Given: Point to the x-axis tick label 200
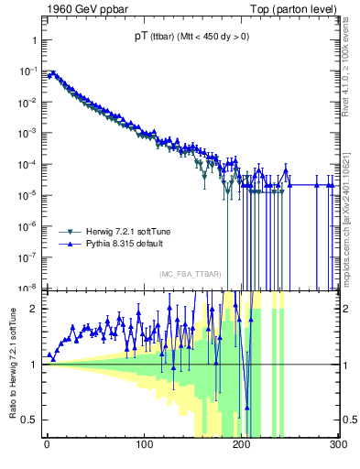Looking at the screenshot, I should click(x=242, y=446).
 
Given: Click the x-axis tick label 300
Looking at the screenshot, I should click(x=337, y=446).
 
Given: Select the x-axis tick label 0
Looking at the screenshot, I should click(x=48, y=446).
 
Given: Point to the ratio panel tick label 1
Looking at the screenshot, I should click(x=33, y=365).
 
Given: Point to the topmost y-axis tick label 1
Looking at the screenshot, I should click(x=33, y=41).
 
